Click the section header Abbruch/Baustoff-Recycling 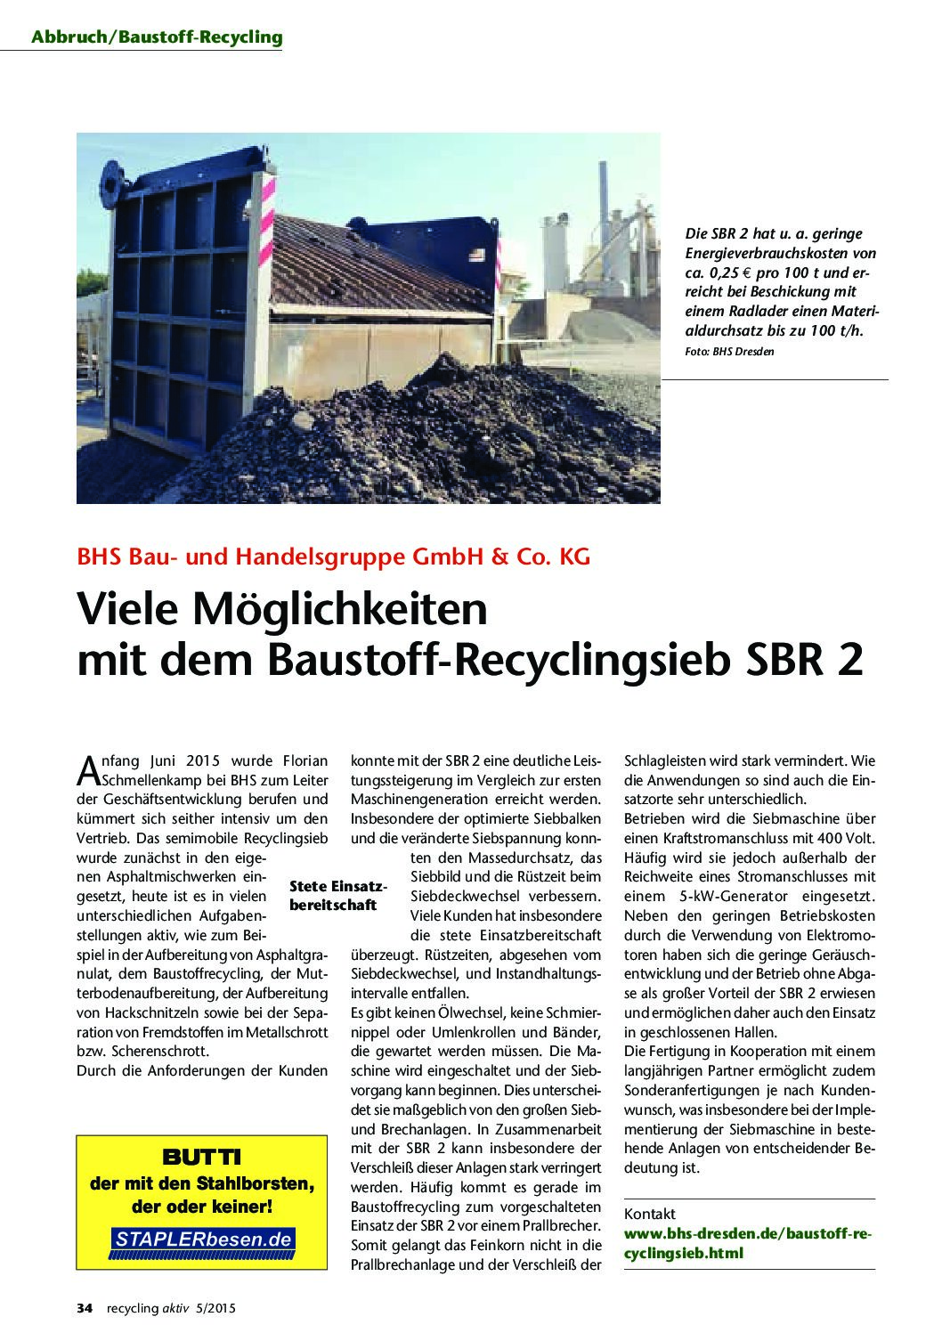(156, 37)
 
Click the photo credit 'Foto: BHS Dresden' (729, 352)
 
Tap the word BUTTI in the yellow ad (201, 1158)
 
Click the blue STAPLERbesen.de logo (202, 1239)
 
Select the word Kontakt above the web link (650, 1214)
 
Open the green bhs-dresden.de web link (748, 1242)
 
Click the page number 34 (85, 1308)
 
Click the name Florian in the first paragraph (305, 760)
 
